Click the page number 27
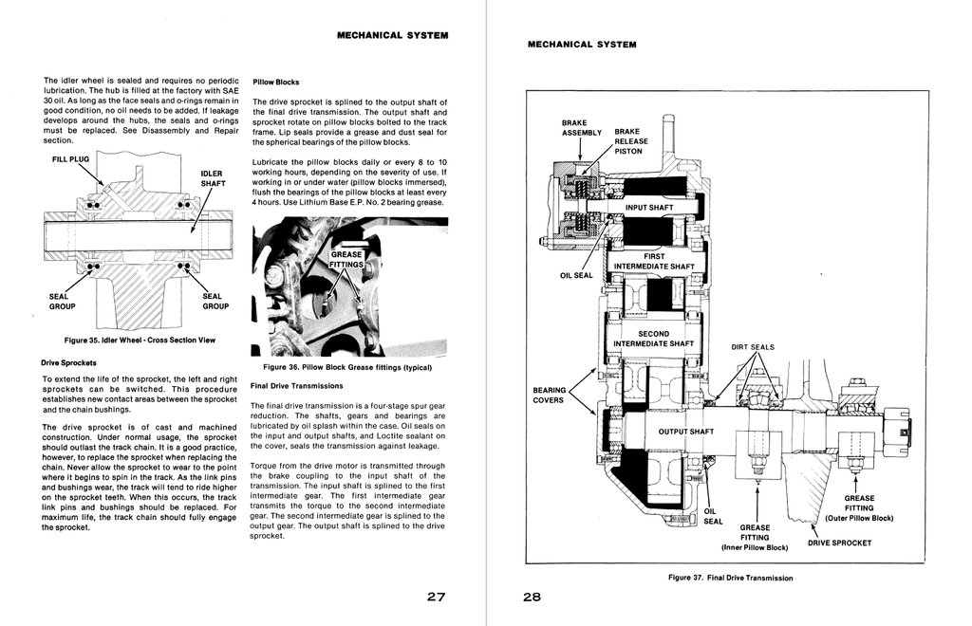pyautogui.click(x=436, y=597)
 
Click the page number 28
pyautogui.click(x=532, y=597)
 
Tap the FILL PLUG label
pyautogui.click(x=70, y=159)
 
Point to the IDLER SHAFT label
pyautogui.click(x=213, y=178)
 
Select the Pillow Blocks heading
pyautogui.click(x=276, y=82)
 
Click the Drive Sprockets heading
pyautogui.click(x=68, y=363)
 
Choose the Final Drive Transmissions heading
pyautogui.click(x=296, y=386)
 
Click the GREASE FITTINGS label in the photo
pyautogui.click(x=346, y=260)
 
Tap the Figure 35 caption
pyautogui.click(x=140, y=340)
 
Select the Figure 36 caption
pyautogui.click(x=347, y=367)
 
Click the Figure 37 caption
pyautogui.click(x=730, y=578)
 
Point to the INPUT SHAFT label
pyautogui.click(x=649, y=208)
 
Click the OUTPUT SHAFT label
pyautogui.click(x=685, y=432)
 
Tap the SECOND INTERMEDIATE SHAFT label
pyautogui.click(x=653, y=339)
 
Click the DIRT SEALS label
pyautogui.click(x=753, y=347)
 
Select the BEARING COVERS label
pyautogui.click(x=549, y=395)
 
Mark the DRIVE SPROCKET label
pyautogui.click(x=839, y=543)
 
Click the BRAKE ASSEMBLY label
pyautogui.click(x=582, y=127)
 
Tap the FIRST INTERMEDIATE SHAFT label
pyautogui.click(x=654, y=261)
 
